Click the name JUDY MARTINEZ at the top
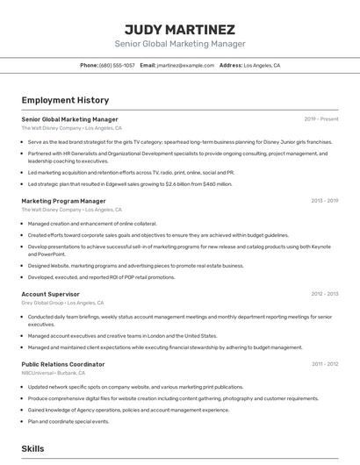[180, 29]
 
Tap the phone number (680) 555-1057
[117, 65]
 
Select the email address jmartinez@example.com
[185, 65]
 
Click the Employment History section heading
[65, 100]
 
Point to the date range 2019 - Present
[321, 119]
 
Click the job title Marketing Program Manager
[63, 201]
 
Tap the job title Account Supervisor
[50, 294]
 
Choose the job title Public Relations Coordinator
[62, 364]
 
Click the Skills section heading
[32, 448]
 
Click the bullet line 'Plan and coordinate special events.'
[68, 421]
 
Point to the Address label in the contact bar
[231, 65]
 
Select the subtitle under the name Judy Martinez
[180, 44]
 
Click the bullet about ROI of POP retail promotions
[101, 277]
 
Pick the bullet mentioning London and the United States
[122, 335]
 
